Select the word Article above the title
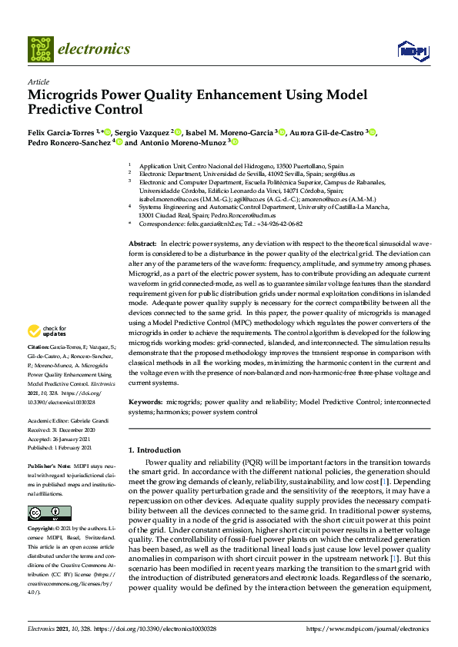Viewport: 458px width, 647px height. point(38,81)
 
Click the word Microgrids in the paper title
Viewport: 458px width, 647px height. point(65,96)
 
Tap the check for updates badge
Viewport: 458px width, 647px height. point(45,332)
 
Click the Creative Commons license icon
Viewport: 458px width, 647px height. point(40,491)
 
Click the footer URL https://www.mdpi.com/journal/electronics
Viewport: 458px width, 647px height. point(368,629)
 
